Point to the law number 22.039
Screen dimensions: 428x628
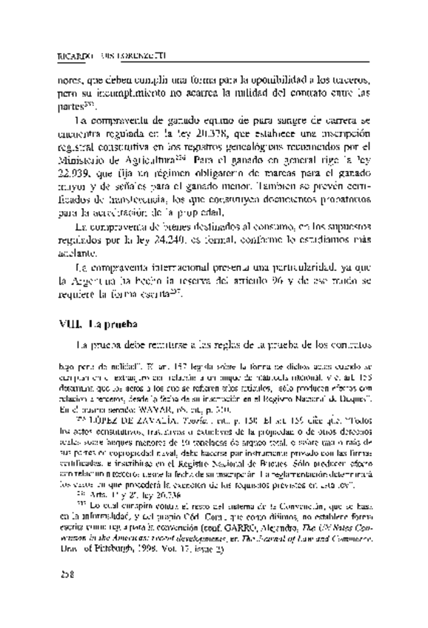74,177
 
